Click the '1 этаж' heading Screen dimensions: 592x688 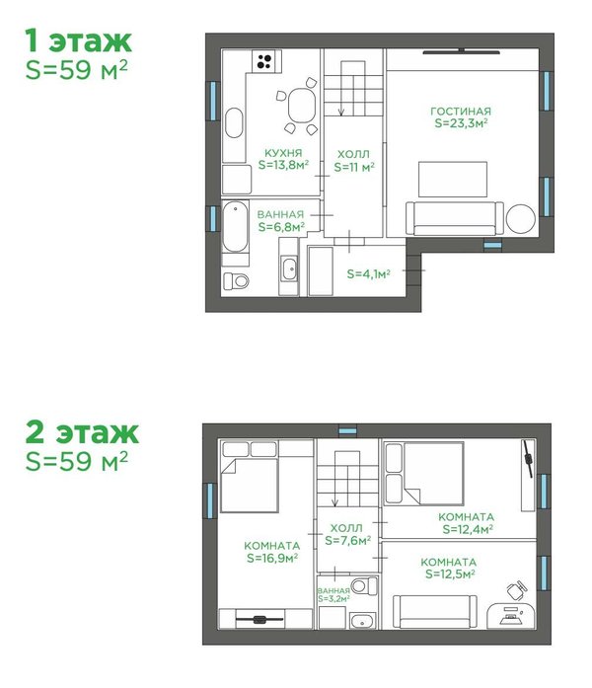pos(78,41)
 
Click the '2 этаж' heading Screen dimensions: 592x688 pos(82,432)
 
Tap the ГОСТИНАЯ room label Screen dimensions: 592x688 pos(461,111)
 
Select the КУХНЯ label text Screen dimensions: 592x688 pos(283,153)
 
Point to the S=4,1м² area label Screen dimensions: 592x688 pos(368,273)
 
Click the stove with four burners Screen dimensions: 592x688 pos(263,61)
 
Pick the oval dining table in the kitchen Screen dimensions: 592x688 pos(302,106)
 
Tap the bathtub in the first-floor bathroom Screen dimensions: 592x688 pos(236,226)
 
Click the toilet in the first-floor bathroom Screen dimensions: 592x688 pos(236,280)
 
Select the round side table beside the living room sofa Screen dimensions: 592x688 pos(521,219)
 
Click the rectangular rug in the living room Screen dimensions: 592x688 pos(453,180)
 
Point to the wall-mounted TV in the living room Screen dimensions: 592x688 pos(462,52)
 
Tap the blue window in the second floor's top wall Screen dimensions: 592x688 pos(347,431)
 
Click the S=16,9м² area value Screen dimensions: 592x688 pos(272,558)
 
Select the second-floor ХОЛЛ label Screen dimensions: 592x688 pos(346,528)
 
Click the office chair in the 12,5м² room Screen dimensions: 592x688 pos(517,590)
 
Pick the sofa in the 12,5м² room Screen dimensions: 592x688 pos(434,611)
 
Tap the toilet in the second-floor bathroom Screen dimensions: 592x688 pos(364,585)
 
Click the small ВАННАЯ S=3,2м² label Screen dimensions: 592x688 pos(333,595)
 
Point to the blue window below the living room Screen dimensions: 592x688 pos(492,245)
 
